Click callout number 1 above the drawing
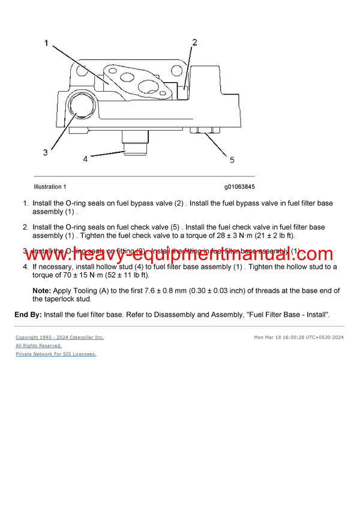click(46, 44)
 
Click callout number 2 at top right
click(194, 42)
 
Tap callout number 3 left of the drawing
click(45, 152)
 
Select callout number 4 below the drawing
click(85, 159)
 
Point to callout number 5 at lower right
click(232, 159)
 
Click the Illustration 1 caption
click(50, 187)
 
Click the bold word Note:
click(41, 291)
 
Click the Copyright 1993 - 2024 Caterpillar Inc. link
click(59, 338)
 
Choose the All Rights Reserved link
click(38, 346)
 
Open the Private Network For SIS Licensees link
click(56, 354)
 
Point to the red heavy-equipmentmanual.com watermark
click(179, 255)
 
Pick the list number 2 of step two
click(25, 227)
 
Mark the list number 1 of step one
click(25, 203)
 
